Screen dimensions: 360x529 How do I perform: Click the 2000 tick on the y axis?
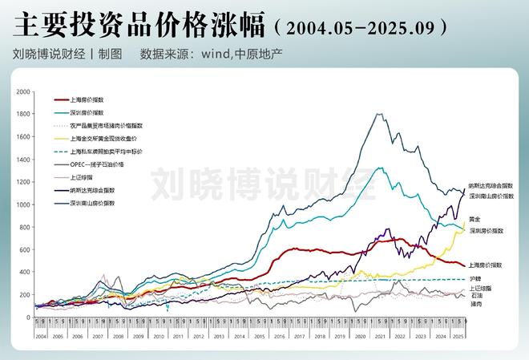pos(23,92)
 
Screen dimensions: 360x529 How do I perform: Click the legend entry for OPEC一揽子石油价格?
pos(97,163)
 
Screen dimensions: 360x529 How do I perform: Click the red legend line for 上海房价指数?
pos(62,100)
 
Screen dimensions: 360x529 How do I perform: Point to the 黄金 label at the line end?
pos(475,219)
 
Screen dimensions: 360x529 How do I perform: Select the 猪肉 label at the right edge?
pos(476,304)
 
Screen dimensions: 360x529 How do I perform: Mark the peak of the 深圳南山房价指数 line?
pos(378,114)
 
